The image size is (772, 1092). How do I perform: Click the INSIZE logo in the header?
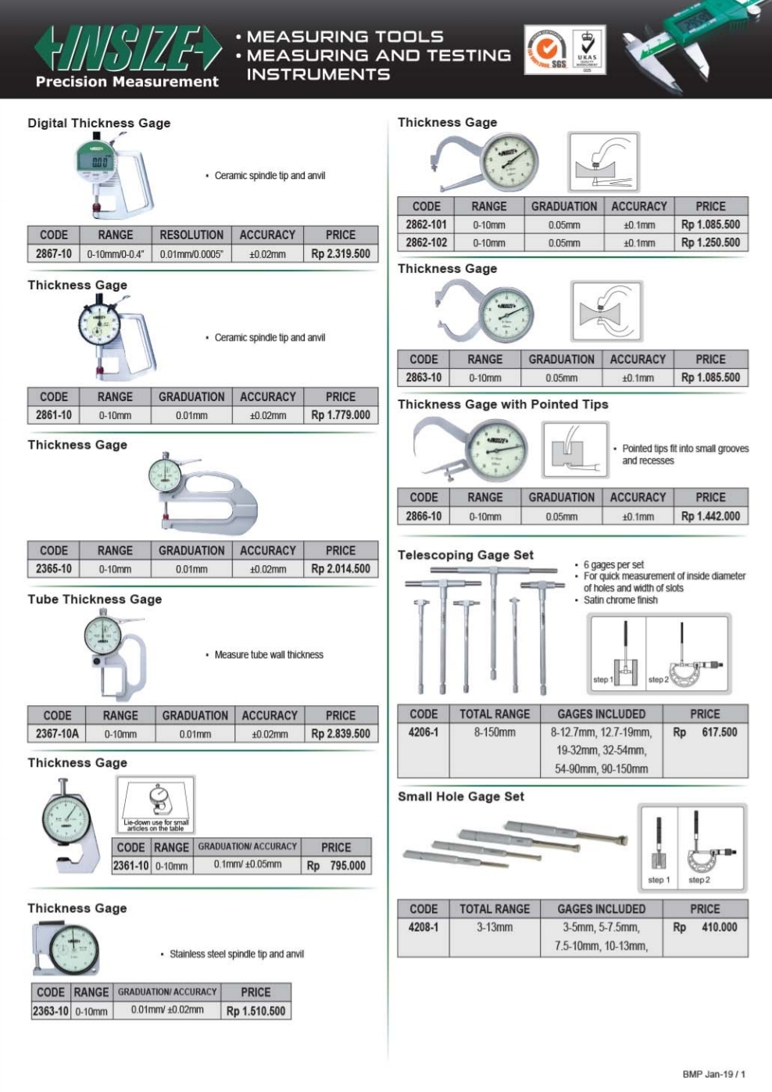coord(127,48)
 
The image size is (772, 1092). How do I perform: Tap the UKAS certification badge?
coord(587,50)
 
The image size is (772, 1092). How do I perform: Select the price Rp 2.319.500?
coord(340,254)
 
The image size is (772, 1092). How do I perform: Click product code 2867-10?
coord(53,254)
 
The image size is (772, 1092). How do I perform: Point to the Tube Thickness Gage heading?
coord(95,600)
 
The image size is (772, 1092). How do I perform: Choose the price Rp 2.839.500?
coord(340,734)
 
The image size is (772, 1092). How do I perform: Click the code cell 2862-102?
coord(427,243)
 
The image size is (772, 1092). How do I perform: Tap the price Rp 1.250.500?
coord(709,243)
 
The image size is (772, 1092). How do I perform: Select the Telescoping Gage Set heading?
coord(466,555)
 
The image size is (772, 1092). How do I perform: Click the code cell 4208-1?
coord(424,928)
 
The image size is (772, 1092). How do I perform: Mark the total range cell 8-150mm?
coord(495,732)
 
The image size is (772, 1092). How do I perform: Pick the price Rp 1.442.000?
coord(709,517)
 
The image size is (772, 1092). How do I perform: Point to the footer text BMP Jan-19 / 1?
coord(713,1074)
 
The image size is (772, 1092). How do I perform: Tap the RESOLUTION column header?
coord(191,235)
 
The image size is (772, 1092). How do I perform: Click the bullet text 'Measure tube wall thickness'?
coord(269,655)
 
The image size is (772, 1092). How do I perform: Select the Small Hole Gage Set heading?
coord(461,797)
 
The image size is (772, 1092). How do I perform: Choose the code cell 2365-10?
coord(53,569)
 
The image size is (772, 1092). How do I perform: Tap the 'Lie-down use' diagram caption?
coord(156,825)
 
